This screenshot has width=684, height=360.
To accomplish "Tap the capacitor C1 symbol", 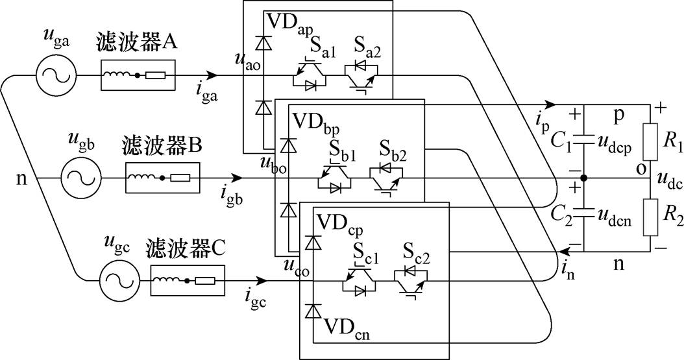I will click(583, 138).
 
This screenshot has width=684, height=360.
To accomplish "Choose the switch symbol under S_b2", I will click(387, 176).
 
